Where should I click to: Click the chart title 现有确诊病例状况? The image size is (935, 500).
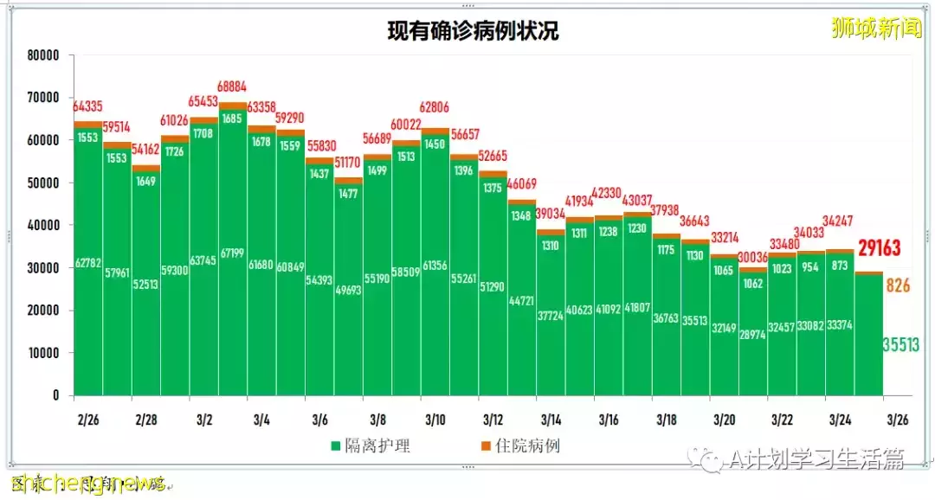pos(472,32)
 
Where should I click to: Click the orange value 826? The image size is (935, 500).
pos(898,285)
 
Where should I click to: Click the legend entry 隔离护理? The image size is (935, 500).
pos(371,446)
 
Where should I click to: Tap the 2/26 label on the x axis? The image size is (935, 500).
pos(87,420)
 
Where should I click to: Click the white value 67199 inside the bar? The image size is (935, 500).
pos(232,253)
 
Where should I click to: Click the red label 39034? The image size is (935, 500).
pos(551,214)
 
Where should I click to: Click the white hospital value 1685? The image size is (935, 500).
pos(232,119)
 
